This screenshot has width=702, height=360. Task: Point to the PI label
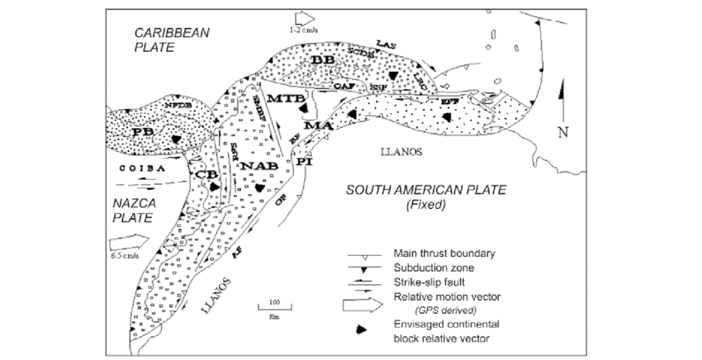point(305,162)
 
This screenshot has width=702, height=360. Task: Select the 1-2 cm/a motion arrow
point(304,17)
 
